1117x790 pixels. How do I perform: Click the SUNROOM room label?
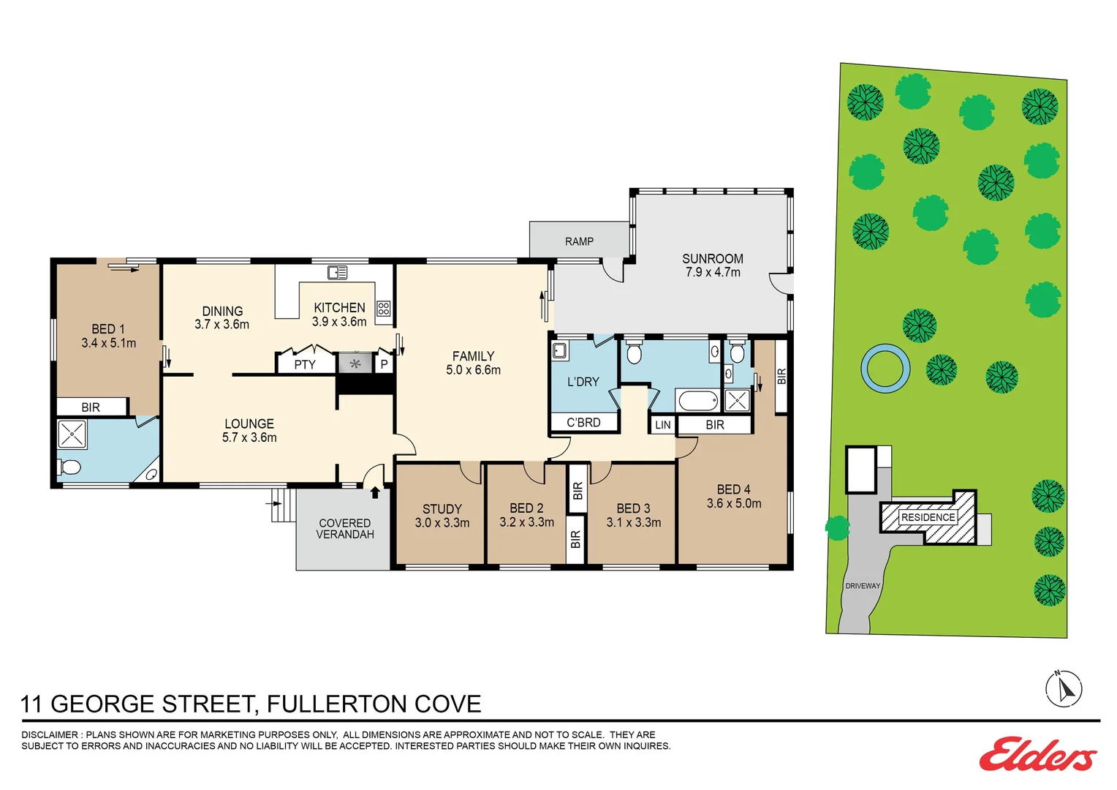coord(712,259)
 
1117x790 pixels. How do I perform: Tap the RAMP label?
coord(579,241)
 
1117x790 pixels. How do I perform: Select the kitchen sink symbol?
coord(337,273)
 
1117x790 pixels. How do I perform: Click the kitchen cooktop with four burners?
coord(384,309)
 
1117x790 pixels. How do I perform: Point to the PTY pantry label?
coord(305,364)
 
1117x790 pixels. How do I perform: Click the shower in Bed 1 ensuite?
coord(72,433)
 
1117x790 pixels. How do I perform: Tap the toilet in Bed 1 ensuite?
coord(70,467)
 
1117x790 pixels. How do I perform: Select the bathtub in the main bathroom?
coord(698,401)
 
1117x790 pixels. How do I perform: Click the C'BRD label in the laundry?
coord(583,423)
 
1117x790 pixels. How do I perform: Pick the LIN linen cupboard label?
coord(662,425)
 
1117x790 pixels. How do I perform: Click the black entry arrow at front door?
coord(375,492)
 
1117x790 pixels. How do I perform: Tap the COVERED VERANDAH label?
coord(345,529)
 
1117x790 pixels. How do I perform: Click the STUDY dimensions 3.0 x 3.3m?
coord(442,523)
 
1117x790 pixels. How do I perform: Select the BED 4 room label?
coord(733,489)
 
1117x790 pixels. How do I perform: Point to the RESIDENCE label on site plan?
coord(928,517)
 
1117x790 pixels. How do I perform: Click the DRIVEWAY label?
coord(863,586)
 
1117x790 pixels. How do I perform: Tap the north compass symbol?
coord(1064,688)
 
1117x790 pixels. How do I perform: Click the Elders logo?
coord(1037,754)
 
